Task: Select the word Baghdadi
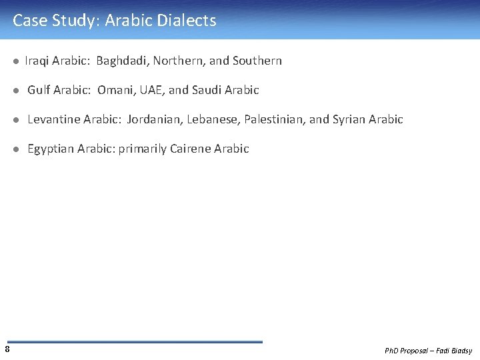[123, 61]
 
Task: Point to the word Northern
[179, 61]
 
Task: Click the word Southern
[257, 61]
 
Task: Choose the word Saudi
[207, 90]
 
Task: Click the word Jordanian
[154, 120]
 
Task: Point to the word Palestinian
[273, 120]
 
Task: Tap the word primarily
[142, 149]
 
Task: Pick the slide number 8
[7, 349]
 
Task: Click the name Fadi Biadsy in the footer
[455, 351]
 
